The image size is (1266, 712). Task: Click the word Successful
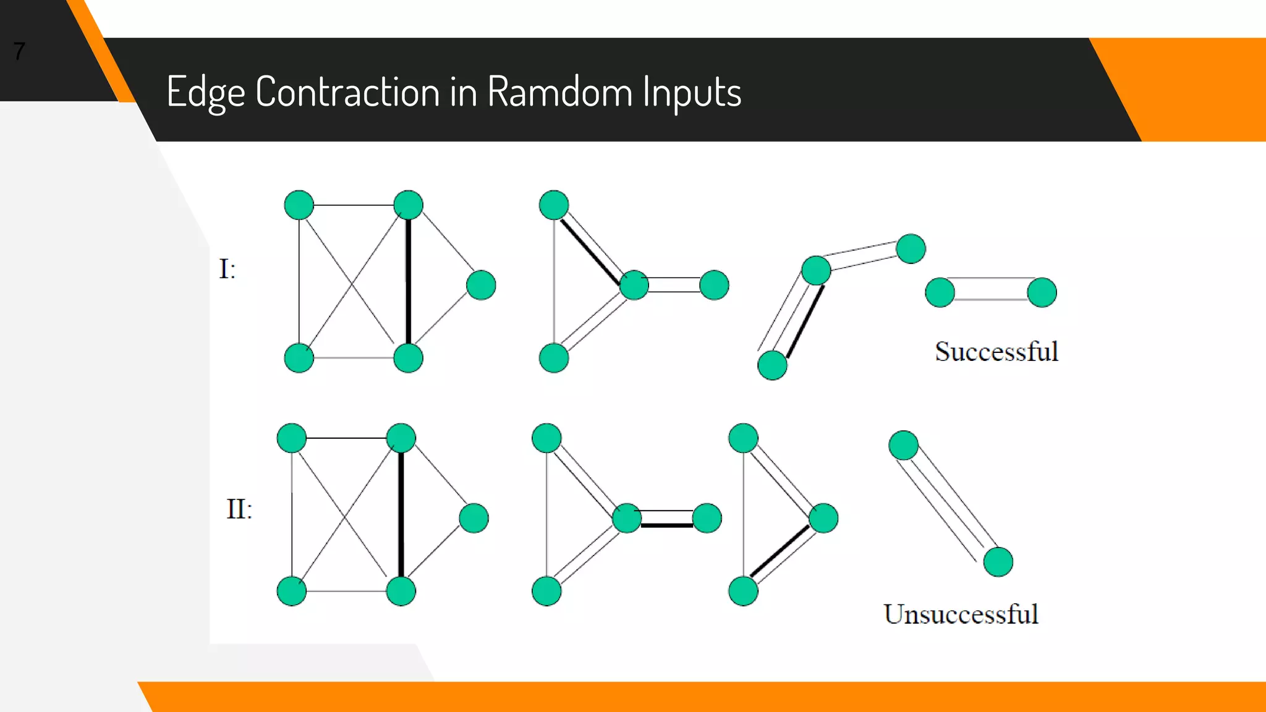coord(996,352)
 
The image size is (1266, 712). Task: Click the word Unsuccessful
coord(961,614)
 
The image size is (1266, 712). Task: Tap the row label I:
coord(227,269)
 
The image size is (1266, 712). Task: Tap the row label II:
coord(239,509)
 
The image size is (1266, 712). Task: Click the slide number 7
coord(19,51)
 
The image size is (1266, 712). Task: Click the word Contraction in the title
coord(347,91)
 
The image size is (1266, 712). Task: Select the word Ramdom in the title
coord(559,91)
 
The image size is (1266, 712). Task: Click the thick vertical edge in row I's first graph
coord(408,281)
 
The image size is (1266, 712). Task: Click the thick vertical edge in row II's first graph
coord(401,514)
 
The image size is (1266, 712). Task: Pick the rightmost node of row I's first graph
coord(481,285)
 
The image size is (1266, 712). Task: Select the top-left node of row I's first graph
coord(299,205)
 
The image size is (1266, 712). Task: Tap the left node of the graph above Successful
coord(940,292)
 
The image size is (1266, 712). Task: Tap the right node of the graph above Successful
coord(1042,292)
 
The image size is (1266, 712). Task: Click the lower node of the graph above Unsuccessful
coord(998,562)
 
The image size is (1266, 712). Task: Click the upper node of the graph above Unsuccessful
coord(903,445)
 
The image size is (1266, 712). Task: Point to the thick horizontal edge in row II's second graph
coord(666,525)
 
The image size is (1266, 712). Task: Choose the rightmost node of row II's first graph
coord(474,518)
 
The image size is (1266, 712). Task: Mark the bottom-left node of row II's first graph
coord(292,591)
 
